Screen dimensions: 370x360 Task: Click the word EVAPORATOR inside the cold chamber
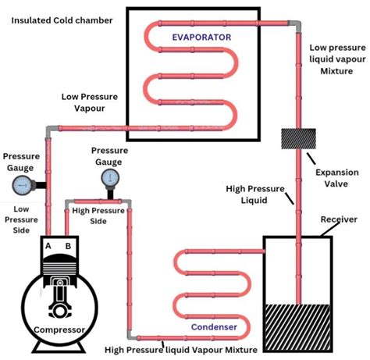(201, 37)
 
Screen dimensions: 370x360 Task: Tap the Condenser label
(214, 327)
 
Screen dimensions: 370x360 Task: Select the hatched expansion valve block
(299, 138)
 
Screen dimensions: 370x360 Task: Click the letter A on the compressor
(48, 246)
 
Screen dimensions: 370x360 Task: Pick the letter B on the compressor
(68, 246)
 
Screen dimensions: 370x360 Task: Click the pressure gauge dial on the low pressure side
(23, 185)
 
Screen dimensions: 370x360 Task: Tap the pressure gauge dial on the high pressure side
(110, 178)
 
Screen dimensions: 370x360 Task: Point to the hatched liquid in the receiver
(297, 327)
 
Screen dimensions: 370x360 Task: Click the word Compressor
(59, 330)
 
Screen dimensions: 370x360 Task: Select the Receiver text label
(339, 219)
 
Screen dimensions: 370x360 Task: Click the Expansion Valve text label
(337, 178)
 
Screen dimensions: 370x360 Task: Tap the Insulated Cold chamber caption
(62, 20)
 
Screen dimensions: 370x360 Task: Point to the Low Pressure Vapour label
(90, 102)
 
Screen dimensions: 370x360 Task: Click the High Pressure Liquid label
(255, 194)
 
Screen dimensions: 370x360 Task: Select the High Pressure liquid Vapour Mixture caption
(181, 350)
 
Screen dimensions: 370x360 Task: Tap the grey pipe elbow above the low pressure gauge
(51, 131)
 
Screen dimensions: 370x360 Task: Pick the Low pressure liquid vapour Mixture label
(337, 59)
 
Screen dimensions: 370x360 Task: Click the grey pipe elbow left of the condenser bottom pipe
(132, 335)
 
